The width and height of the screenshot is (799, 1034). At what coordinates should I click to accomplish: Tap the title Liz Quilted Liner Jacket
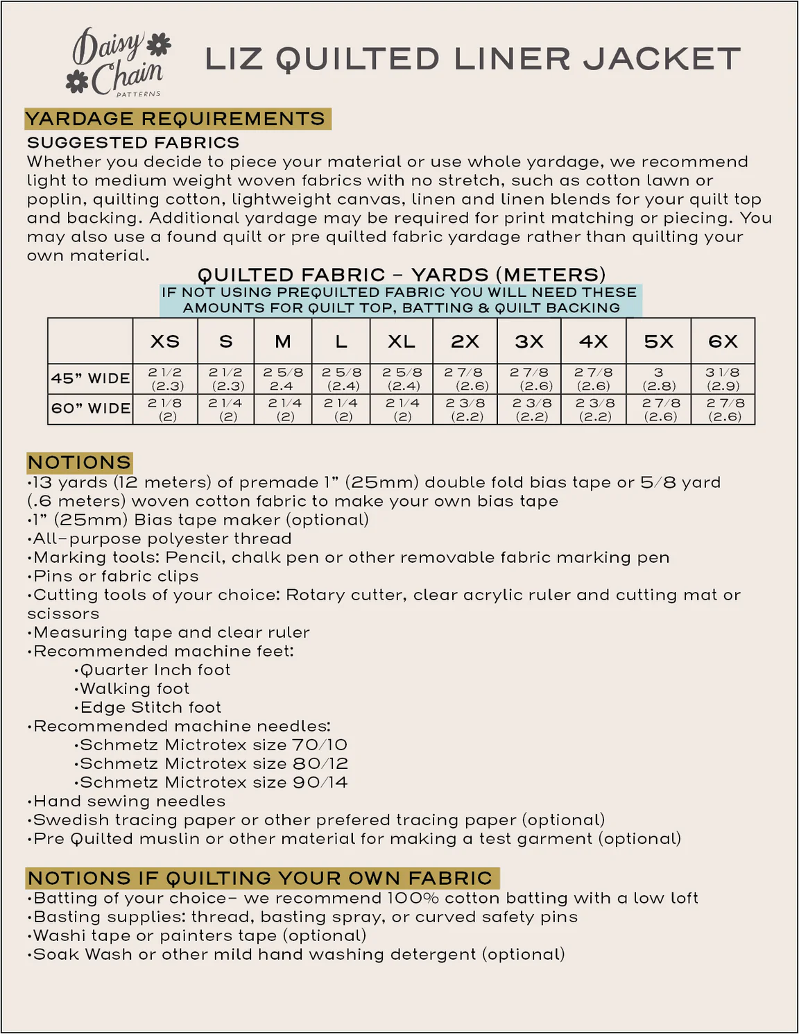[x=472, y=60]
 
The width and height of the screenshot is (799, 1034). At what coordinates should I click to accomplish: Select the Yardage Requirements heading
[x=176, y=119]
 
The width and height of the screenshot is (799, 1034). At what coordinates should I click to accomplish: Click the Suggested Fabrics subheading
[x=133, y=143]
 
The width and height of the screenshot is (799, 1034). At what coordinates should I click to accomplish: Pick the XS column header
[x=165, y=341]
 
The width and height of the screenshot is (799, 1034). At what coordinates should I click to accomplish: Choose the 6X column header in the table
[x=723, y=341]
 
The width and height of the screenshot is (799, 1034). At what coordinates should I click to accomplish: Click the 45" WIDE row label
[x=90, y=379]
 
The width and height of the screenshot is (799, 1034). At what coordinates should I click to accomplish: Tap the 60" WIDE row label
[x=90, y=409]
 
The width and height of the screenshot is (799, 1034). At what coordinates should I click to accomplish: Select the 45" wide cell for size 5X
[x=658, y=379]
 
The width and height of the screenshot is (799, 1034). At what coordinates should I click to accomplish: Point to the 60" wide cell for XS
[x=165, y=409]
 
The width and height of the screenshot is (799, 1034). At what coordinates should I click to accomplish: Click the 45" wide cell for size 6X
[x=723, y=379]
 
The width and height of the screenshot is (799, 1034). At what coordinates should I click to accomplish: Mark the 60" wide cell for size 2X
[x=465, y=409]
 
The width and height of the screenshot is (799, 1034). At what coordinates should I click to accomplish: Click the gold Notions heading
[x=80, y=462]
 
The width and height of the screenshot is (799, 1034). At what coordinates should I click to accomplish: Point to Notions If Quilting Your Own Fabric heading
[x=260, y=878]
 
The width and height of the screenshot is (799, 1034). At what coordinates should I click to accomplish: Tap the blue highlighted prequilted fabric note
[x=401, y=300]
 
